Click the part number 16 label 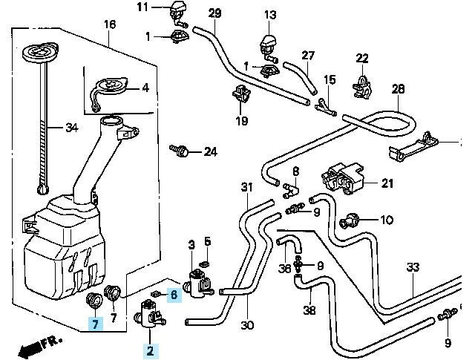coord(110,24)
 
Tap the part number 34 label coord(71,128)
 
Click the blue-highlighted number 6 coord(174,295)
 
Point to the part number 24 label coord(210,152)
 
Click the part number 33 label coord(413,267)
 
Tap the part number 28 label coord(398,89)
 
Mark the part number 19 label coord(241,121)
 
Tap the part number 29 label coord(214,13)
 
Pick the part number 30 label coord(247,325)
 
